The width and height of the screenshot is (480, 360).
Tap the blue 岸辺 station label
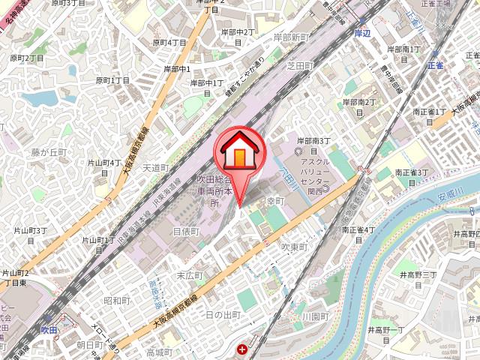(363, 33)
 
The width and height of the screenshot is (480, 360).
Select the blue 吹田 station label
(49, 329)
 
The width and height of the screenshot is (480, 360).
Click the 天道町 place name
(156, 168)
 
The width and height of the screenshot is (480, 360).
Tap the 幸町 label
(274, 201)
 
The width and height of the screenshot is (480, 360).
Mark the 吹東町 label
(295, 246)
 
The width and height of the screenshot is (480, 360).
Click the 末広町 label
(189, 275)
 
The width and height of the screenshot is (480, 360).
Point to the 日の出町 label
(223, 314)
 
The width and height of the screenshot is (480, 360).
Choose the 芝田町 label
(300, 66)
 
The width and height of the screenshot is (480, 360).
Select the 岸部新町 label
(292, 37)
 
